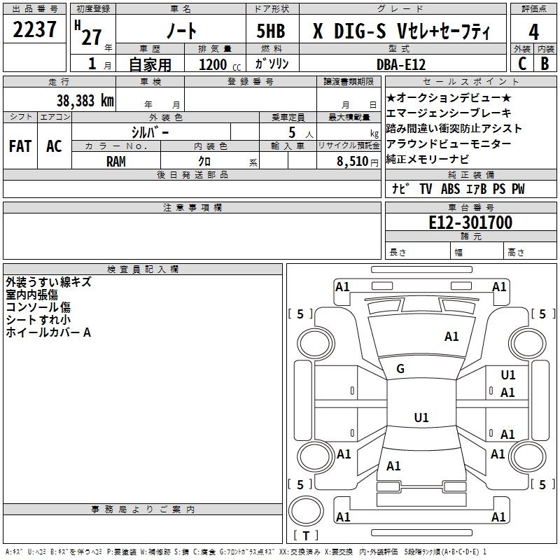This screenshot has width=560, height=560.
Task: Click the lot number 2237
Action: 34,29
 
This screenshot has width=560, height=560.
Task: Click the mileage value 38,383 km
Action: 85,101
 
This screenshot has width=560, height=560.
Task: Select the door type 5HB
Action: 271,31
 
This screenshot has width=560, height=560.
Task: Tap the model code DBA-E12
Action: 401,64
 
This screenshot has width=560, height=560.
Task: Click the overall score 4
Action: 533,32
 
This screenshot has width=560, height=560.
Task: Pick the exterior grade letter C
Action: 522,64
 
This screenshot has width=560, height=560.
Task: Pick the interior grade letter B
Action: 545,64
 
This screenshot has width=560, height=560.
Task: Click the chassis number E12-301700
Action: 470,223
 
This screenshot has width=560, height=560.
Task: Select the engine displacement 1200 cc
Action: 220,65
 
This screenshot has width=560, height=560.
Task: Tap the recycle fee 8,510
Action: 353,162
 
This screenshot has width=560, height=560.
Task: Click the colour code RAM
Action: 116,162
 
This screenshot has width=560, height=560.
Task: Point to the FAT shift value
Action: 20,146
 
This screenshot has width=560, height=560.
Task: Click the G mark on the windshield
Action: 400,369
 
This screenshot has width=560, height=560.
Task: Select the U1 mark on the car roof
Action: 421,417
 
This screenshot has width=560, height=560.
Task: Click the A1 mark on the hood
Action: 451,337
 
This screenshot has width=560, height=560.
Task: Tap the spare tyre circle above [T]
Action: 306,510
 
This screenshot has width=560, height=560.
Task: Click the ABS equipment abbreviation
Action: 450,189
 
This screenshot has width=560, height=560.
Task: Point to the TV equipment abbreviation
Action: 426,189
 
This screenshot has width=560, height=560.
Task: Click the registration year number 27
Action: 92,37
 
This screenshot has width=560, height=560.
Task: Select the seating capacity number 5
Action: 292,132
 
